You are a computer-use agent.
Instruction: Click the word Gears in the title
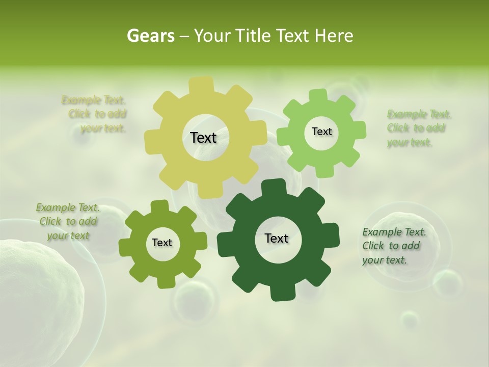pos(150,36)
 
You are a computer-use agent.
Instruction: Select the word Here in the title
pos(334,36)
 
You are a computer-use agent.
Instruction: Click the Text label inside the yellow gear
pos(203,138)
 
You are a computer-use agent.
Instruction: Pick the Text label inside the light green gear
pos(321,132)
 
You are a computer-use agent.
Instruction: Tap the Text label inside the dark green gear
pos(277,238)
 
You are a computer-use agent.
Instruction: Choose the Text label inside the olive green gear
pos(162,243)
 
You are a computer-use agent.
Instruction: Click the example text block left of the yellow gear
pos(97,114)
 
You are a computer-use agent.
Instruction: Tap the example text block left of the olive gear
pos(68,222)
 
